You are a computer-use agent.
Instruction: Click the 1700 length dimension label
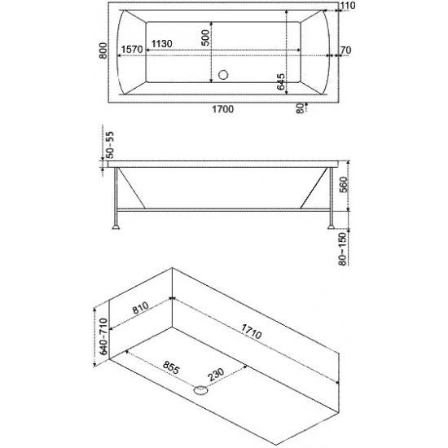(x=223, y=109)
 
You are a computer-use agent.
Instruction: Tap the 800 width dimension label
(x=103, y=51)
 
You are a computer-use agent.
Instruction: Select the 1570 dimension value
(x=131, y=50)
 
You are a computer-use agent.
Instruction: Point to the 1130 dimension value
(x=162, y=44)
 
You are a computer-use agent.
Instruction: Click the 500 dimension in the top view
(x=206, y=37)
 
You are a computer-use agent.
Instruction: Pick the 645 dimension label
(x=281, y=81)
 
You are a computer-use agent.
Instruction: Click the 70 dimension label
(x=345, y=50)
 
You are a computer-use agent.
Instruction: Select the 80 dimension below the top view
(x=300, y=108)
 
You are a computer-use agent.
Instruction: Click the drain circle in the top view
(x=223, y=75)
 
